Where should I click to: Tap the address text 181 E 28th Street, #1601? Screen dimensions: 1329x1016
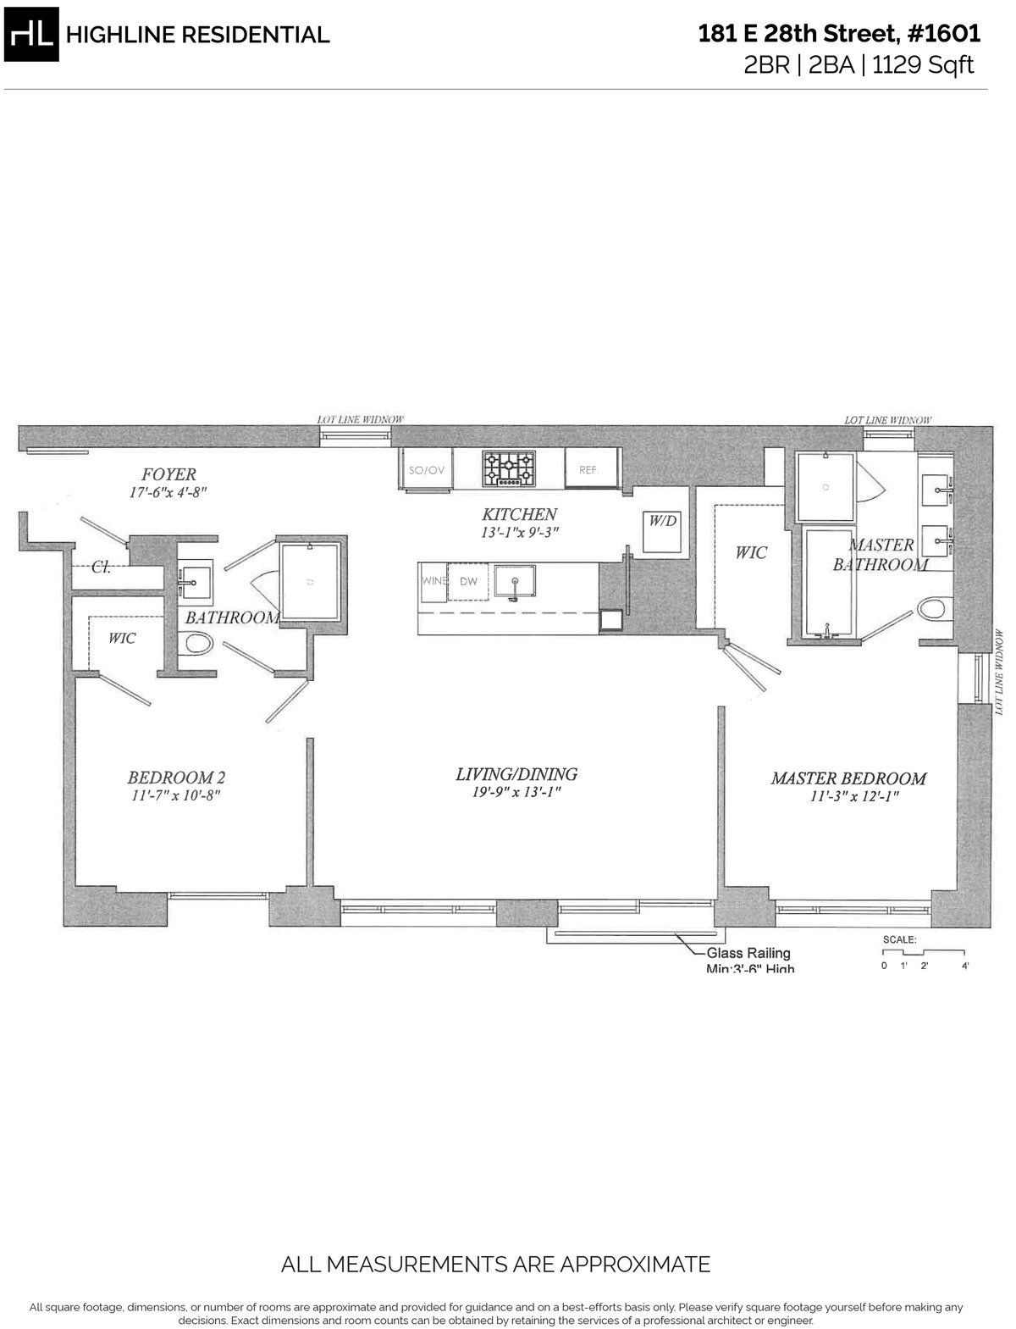coord(839,34)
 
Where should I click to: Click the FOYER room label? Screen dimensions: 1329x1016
coord(168,474)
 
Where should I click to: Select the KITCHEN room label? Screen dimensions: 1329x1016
coord(519,514)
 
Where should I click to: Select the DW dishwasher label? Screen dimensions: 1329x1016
coord(467,582)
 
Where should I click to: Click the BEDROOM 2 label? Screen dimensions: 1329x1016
coord(175,778)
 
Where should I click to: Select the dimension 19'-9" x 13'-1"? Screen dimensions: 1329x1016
coord(516,793)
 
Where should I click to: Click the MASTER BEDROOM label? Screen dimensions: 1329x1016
coord(848,778)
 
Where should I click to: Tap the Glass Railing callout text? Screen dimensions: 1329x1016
coord(748,954)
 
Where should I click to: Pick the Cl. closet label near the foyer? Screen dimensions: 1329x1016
coord(101,568)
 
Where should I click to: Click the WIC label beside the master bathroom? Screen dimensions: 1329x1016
coord(750,552)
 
